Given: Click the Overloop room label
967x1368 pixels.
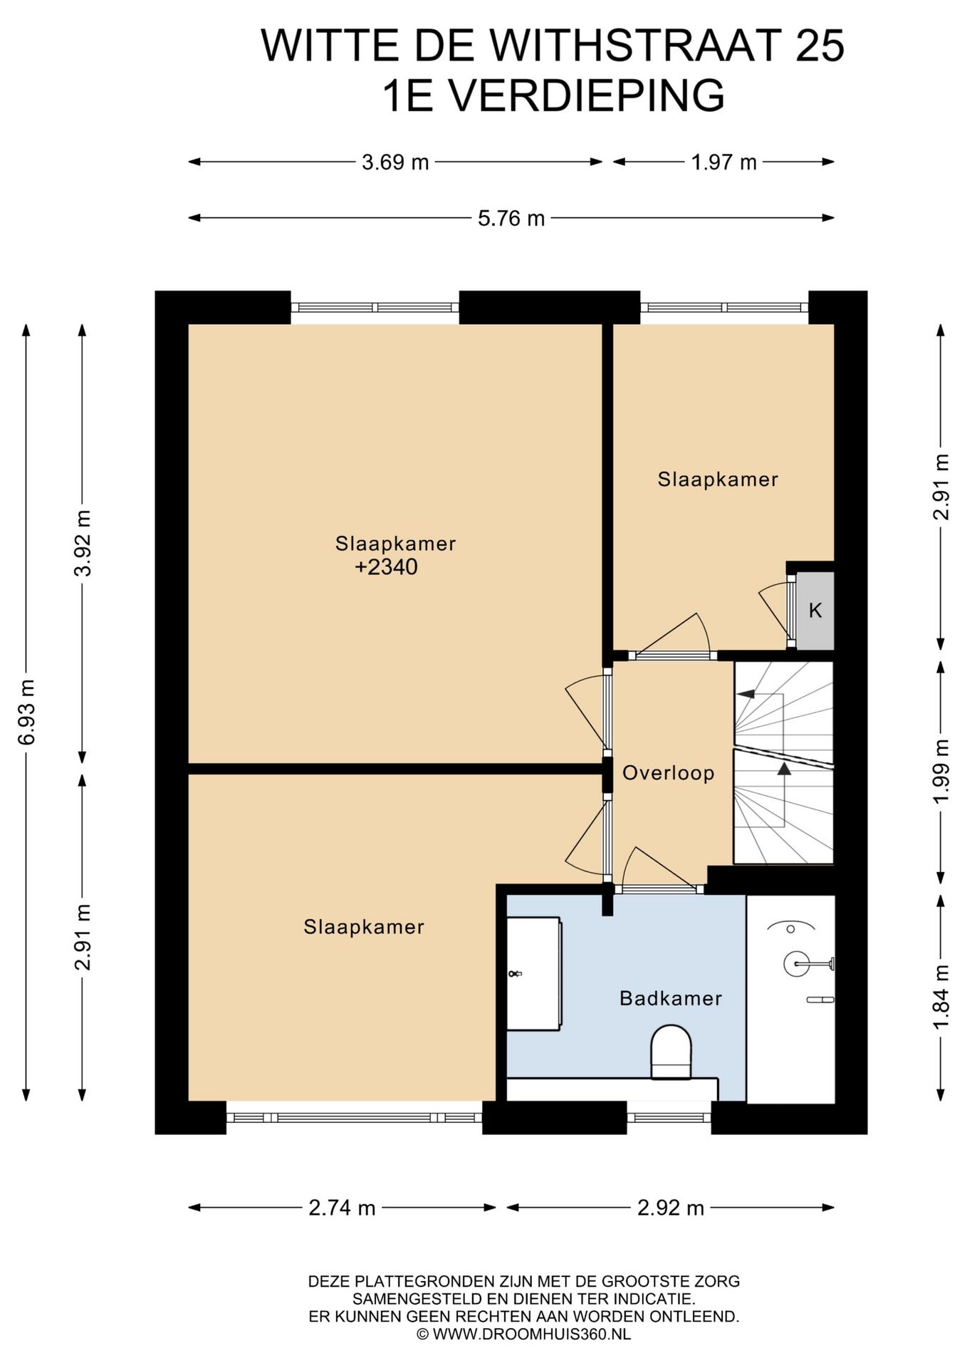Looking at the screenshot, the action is pos(668,773).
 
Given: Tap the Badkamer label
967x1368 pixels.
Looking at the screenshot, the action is pos(671,998).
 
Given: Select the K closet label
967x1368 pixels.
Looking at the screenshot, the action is pos(815,611).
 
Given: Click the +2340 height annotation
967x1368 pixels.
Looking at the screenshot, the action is pos(386,567).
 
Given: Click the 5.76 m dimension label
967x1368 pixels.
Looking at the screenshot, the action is pos(511,218).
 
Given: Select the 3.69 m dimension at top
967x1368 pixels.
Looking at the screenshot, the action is pos(395,162).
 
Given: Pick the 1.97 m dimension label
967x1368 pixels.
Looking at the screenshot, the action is pos(723,162).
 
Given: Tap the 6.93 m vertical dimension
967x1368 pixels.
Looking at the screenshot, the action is pos(26,712).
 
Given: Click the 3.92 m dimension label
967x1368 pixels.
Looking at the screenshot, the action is pos(83,543).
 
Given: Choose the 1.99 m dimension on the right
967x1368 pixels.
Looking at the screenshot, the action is pos(941,771).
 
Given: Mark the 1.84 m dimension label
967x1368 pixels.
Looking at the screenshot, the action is pos(941,997).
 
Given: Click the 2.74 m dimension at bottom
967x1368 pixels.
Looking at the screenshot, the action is pos(342,1208).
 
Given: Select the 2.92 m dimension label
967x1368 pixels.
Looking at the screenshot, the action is pos(671,1208).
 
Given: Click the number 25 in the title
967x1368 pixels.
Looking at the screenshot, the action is pos(820,46).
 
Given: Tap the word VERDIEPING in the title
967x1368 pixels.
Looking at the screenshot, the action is pos(587,95).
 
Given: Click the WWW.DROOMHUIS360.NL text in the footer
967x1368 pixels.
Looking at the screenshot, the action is pos(532,1335).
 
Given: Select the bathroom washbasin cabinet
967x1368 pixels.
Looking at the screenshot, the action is pos(534,973).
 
